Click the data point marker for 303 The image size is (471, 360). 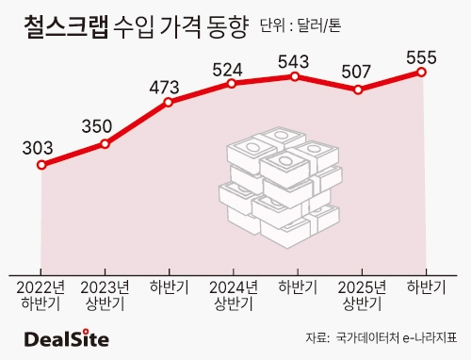click(41, 165)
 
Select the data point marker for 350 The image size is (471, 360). click(106, 144)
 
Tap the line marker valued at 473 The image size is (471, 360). click(169, 102)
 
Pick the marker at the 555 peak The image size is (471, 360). click(422, 73)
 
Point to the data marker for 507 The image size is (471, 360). click(358, 90)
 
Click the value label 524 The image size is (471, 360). click(227, 70)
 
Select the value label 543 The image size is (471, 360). click(294, 61)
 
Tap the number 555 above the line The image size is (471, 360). click(421, 57)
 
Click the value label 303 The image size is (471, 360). click(38, 148)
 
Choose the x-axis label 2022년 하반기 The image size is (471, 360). click(41, 295)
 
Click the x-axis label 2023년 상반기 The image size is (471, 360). click(105, 295)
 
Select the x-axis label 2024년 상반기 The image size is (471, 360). click(234, 295)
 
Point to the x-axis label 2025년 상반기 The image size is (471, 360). click(362, 295)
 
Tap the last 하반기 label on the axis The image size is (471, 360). click(426, 287)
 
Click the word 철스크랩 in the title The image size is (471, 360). click(66, 26)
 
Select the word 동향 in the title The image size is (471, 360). click(227, 27)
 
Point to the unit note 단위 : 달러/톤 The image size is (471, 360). click(300, 26)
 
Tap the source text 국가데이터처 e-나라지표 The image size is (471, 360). click(397, 337)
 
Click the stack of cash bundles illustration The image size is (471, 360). click(281, 188)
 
